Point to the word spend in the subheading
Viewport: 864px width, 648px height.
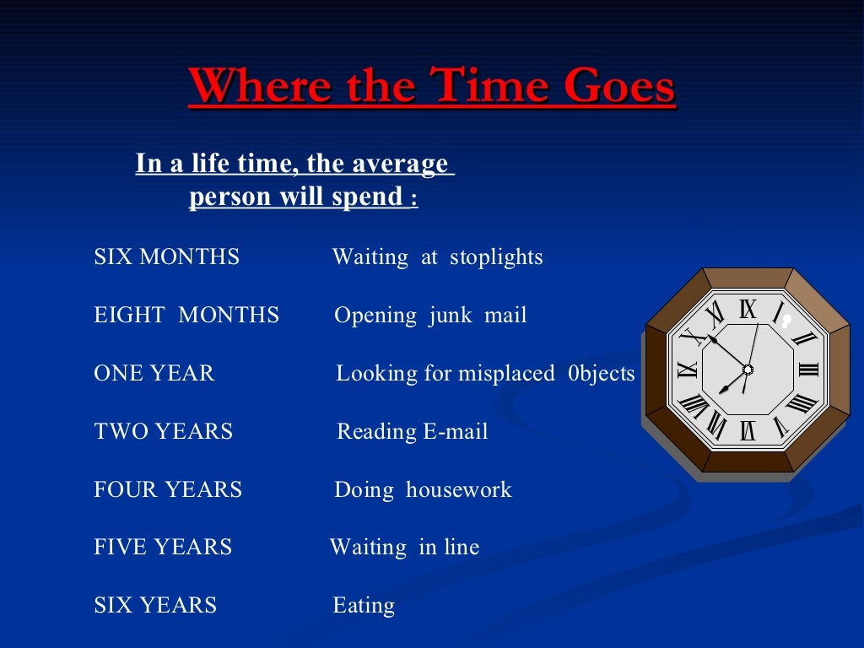coord(364,197)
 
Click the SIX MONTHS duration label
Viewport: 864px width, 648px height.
coord(166,256)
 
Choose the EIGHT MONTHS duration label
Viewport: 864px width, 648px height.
coord(186,316)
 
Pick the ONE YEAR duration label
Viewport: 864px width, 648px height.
coord(154,373)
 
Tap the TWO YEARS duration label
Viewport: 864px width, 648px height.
coord(163,431)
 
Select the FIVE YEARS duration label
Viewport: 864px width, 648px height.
coord(162,547)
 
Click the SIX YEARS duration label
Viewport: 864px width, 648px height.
coord(155,605)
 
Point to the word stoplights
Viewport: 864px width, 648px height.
coord(496,256)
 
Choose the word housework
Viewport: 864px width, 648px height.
coord(458,489)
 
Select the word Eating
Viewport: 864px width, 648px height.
coord(364,605)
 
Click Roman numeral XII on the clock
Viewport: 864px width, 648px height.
coord(748,310)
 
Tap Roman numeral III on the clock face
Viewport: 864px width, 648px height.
coord(807,369)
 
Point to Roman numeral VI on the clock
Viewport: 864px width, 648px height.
coord(748,429)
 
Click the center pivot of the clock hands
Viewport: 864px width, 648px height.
coord(748,370)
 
